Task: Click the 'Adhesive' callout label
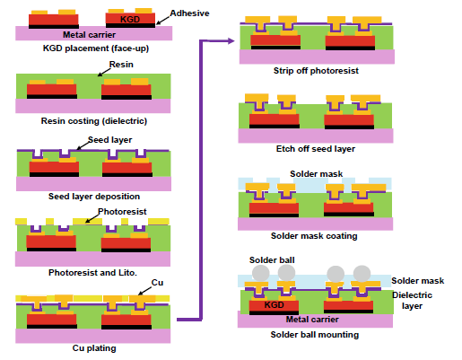click(189, 13)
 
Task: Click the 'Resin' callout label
click(121, 65)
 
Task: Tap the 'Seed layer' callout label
click(109, 140)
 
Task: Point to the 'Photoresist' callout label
click(122, 212)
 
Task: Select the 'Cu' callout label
click(157, 283)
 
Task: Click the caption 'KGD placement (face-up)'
click(96, 48)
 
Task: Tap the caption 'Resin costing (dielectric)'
click(94, 121)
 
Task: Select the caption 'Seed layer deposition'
click(94, 197)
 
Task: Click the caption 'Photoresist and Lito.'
click(92, 273)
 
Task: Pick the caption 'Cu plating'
click(94, 348)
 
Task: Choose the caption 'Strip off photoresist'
click(316, 71)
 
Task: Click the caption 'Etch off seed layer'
click(316, 149)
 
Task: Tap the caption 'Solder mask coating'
click(314, 236)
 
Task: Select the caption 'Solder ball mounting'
click(315, 335)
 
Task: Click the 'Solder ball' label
click(272, 260)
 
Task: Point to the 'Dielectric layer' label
click(412, 301)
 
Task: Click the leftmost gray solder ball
click(261, 273)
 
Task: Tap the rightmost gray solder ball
click(362, 274)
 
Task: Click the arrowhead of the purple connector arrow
click(231, 41)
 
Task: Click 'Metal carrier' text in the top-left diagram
click(89, 35)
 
